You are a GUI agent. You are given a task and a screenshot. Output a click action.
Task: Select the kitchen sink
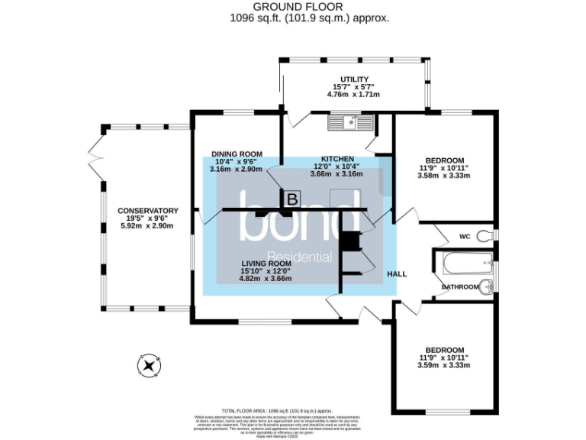[350, 121]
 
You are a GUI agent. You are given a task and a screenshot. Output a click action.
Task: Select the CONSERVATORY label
[147, 211]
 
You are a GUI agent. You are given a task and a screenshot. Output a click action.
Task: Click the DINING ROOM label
[236, 153]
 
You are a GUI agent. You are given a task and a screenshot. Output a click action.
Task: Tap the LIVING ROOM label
[266, 264]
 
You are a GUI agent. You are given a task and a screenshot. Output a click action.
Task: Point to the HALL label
[398, 273]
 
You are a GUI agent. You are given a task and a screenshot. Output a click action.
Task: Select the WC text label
[465, 236]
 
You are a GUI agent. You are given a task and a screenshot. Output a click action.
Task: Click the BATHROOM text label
[460, 286]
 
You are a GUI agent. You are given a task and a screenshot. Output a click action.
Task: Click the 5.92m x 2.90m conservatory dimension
[147, 226]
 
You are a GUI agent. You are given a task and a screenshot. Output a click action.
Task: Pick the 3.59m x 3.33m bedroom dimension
[444, 364]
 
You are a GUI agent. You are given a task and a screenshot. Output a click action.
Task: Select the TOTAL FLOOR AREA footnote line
[276, 410]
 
